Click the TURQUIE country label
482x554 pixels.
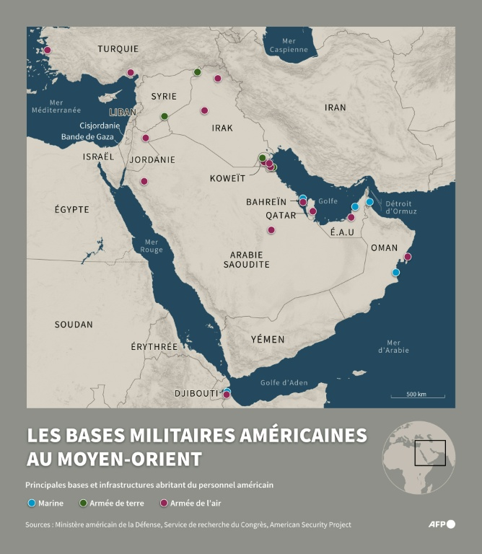click(118, 49)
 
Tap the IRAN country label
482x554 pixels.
click(335, 107)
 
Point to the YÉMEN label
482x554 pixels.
click(268, 339)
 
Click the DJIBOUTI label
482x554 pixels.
click(196, 393)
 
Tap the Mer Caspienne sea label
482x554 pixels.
click(289, 45)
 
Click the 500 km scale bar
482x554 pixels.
click(416, 395)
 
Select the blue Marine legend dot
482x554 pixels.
click(31, 504)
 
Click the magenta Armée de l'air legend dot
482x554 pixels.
click(163, 504)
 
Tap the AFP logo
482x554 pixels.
click(441, 524)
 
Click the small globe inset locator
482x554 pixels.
click(419, 457)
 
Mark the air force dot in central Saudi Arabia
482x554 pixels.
click(271, 230)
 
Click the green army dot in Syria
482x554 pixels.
click(165, 116)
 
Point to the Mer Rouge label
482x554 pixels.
click(152, 246)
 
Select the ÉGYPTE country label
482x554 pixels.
click(72, 209)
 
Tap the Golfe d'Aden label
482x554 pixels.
click(284, 382)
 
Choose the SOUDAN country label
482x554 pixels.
click(74, 325)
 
